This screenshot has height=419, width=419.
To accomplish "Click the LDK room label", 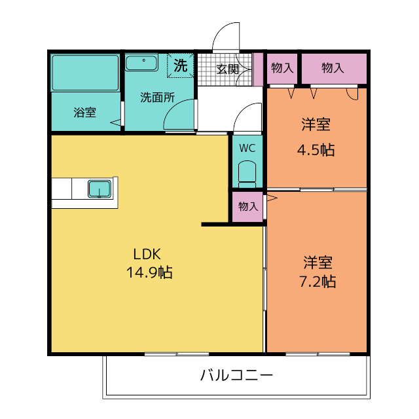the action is pos(147,254).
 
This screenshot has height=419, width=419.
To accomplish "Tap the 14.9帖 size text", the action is pos(149,272).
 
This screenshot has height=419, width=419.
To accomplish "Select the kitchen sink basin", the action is pos(100,189).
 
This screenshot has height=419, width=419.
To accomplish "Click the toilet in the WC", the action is pos(247,174).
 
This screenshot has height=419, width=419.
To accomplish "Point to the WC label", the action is pos(247,148).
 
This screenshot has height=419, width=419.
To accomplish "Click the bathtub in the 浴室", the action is pos(85,73).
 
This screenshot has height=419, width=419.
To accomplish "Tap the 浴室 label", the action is pos(84,113).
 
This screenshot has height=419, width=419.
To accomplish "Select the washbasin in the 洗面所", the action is pos(141,63).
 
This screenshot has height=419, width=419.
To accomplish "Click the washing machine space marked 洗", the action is pos(181,65).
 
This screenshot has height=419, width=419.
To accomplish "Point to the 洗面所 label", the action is pos(157,98).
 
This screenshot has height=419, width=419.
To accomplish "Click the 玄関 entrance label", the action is pos(227,69).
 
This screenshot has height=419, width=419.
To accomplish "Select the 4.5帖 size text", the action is pos(316,150).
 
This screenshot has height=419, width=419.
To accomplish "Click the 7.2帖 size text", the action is pos(318,282).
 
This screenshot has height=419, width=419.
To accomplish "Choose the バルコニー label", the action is pos(237,374).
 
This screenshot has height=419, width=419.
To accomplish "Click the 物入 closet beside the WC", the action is pos(247,207).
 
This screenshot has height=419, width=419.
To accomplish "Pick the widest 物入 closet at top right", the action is pos(334,68).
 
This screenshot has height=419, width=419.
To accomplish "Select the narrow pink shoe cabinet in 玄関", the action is pos(258,69).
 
